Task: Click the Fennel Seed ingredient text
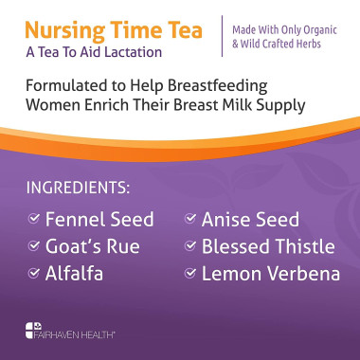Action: click(101, 220)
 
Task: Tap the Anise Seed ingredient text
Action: click(250, 220)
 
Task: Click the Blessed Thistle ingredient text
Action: click(267, 247)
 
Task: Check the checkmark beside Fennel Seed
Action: click(35, 220)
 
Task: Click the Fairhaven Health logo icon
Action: click(31, 332)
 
